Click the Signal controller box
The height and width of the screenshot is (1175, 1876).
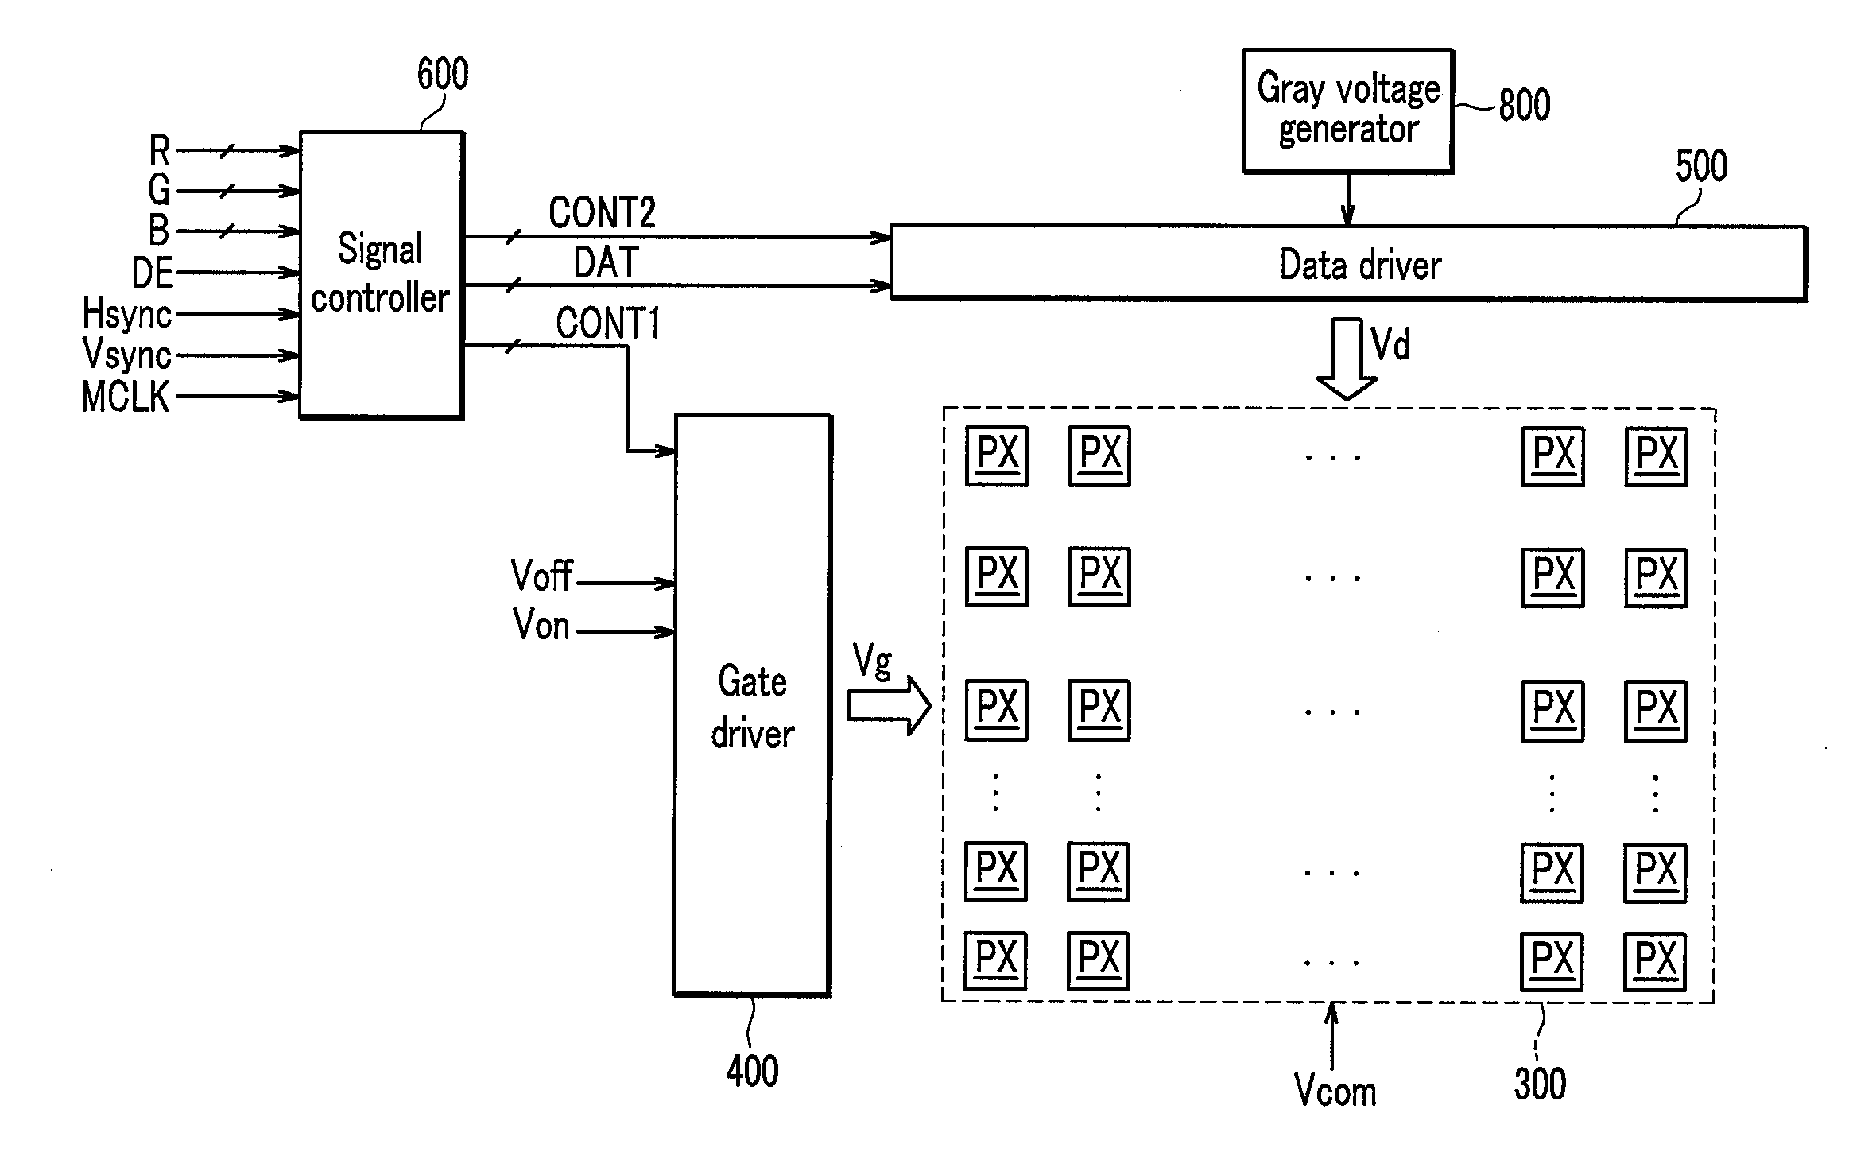click(382, 275)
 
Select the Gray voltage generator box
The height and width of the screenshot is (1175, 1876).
click(1349, 111)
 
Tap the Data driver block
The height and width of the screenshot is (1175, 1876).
click(1349, 263)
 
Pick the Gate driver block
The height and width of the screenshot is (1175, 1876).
click(753, 705)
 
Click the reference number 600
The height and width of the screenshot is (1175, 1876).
click(443, 74)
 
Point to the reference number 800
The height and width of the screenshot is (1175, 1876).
click(1525, 105)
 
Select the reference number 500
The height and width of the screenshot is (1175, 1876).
click(1701, 166)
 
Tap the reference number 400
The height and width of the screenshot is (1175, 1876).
click(753, 1071)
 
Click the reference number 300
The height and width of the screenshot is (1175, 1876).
click(1540, 1084)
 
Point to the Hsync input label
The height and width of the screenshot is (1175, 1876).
click(127, 313)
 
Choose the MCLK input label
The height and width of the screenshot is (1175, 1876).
click(126, 396)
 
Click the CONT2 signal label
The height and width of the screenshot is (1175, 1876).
click(602, 212)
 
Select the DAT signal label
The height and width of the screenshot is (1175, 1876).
click(607, 262)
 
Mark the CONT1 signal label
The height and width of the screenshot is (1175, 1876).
click(608, 324)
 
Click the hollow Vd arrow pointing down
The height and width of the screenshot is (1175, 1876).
click(1347, 359)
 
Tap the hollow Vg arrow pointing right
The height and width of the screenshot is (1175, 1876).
click(890, 705)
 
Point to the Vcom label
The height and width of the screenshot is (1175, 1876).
click(1335, 1090)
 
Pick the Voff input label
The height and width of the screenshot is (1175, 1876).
click(542, 575)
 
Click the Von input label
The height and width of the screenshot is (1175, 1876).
click(541, 624)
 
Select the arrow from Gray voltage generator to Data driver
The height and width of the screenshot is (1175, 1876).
click(1347, 199)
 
